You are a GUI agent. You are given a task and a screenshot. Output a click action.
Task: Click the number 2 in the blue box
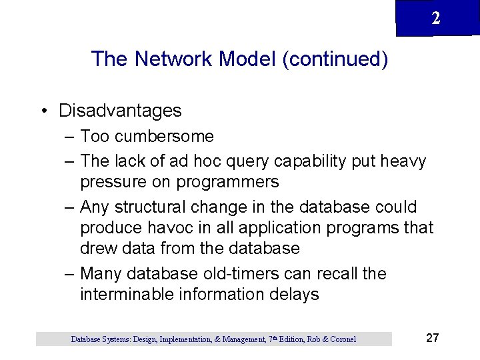[x=435, y=19]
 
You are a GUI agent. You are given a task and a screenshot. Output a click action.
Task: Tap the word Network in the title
[x=171, y=59]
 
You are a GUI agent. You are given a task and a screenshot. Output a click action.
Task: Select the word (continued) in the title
[x=335, y=59]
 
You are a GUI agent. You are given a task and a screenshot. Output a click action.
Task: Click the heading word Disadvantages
[x=120, y=110]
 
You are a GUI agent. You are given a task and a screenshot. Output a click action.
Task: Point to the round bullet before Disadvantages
[x=42, y=111]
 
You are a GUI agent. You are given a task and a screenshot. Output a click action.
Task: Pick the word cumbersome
[x=164, y=137]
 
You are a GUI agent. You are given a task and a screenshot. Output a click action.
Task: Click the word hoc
[x=204, y=161]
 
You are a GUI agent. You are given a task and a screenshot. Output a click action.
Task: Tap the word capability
[x=311, y=161]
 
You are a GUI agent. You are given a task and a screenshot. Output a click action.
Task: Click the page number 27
[x=432, y=338]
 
